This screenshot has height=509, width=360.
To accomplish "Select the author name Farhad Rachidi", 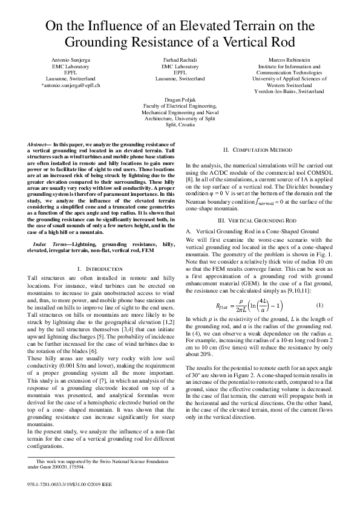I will click(x=180, y=61).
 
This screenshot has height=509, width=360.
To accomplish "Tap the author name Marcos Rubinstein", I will click(x=293, y=61).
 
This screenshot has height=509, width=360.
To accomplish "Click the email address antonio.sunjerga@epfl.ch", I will click(x=70, y=85).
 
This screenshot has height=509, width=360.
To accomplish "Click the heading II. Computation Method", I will click(x=258, y=149).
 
